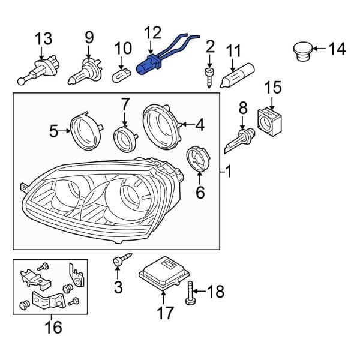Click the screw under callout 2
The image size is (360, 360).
click(209, 77)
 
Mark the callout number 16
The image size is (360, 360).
click(53, 327)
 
